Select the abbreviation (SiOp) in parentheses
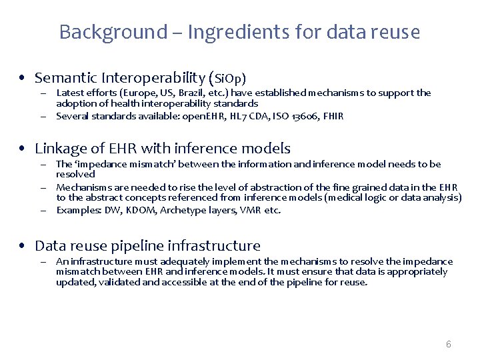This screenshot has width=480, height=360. [230, 78]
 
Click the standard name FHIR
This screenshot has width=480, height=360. [332, 116]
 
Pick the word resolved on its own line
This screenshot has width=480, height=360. [75, 174]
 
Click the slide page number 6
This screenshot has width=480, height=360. [448, 344]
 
